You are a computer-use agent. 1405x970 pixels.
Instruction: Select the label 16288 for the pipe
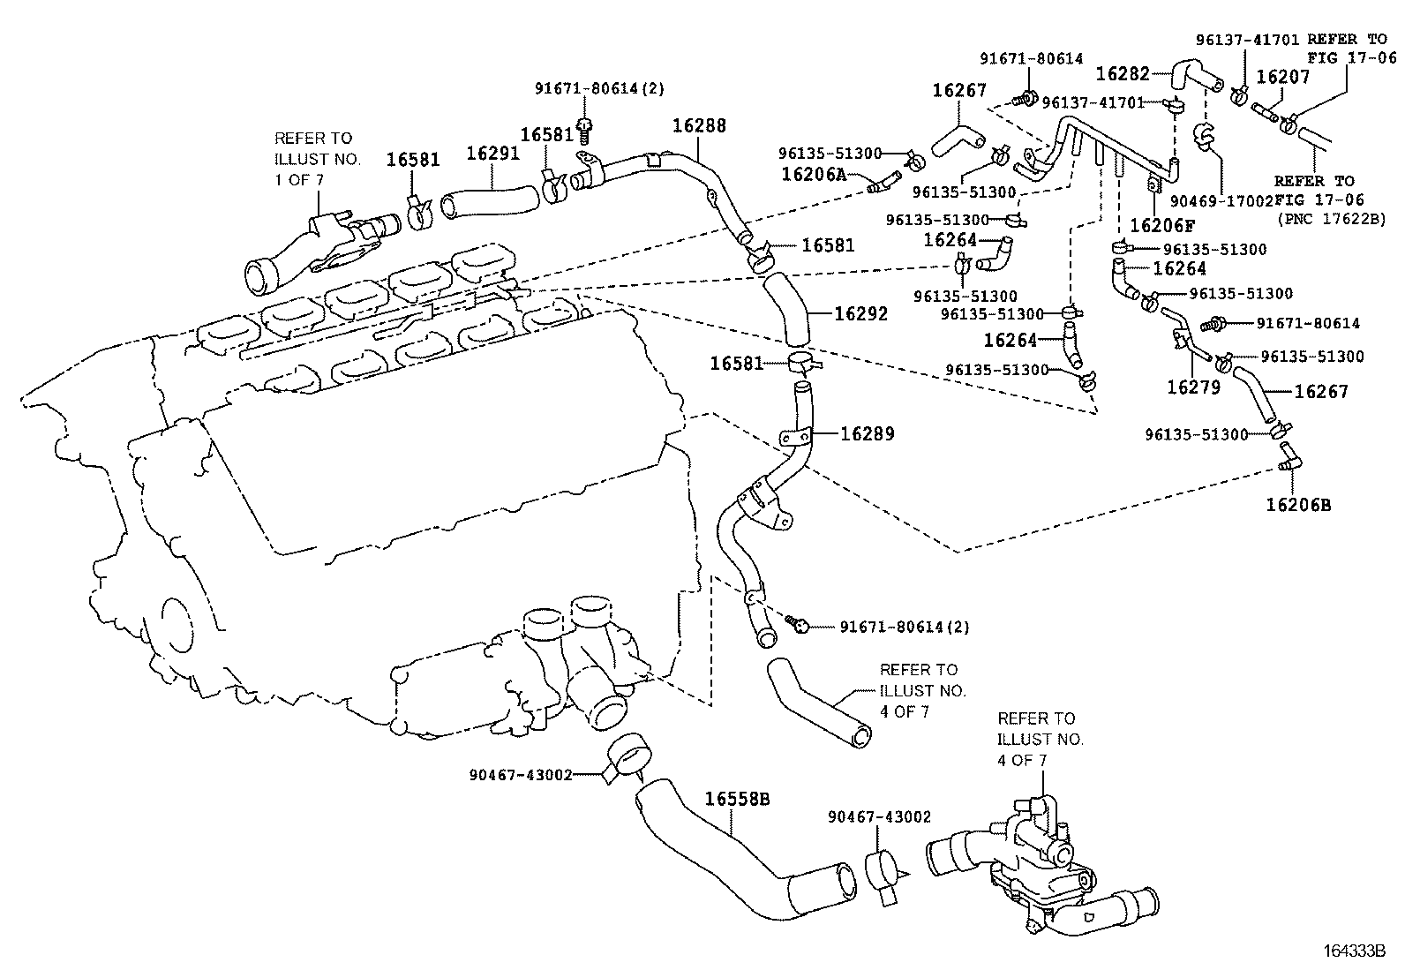(699, 126)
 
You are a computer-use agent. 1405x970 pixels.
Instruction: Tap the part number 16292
(861, 314)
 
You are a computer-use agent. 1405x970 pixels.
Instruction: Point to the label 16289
(867, 434)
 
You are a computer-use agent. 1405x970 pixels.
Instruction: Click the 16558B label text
(738, 800)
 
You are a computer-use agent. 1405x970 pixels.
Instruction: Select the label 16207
(1282, 77)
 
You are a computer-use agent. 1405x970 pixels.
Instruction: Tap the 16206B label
(1297, 505)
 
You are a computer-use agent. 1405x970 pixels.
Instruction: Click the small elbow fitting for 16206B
(1289, 455)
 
